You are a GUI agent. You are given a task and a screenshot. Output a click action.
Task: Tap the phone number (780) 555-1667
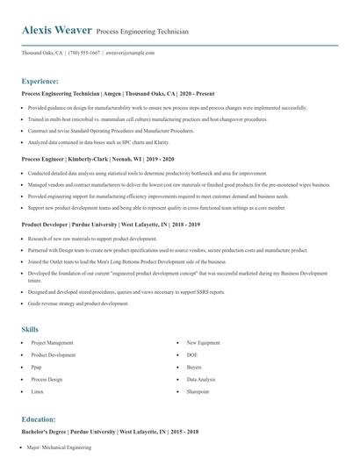[85, 53]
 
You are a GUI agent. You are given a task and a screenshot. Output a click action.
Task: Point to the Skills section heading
[30, 329]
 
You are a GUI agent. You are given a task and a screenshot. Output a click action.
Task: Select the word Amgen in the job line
[112, 93]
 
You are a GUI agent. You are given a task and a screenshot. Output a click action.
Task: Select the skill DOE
[192, 355]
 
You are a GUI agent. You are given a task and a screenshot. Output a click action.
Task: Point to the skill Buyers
[195, 368]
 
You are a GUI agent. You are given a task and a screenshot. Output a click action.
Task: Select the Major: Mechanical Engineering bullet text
[60, 447]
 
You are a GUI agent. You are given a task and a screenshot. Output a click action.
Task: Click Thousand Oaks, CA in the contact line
[41, 53]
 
